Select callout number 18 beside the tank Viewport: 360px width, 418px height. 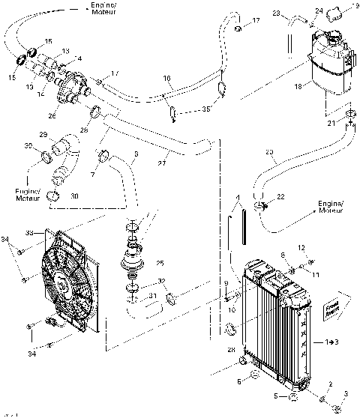(298, 88)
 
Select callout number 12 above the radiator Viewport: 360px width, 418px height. (301, 248)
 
